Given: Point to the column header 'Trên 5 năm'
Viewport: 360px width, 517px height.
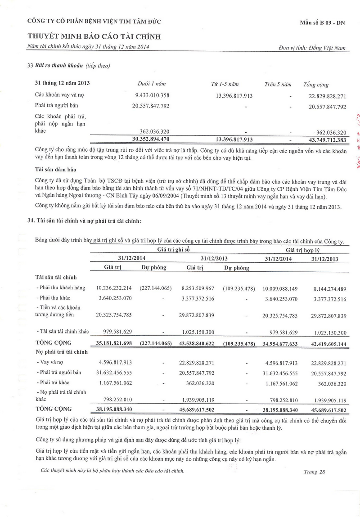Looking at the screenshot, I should (278, 84).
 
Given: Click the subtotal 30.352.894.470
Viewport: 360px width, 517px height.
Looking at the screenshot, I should (150, 139).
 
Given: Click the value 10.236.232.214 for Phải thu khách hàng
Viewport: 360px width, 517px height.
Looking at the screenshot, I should (114, 288).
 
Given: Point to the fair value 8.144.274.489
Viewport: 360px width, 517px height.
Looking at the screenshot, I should (324, 288).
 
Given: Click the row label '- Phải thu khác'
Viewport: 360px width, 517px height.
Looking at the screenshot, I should (54, 298).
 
